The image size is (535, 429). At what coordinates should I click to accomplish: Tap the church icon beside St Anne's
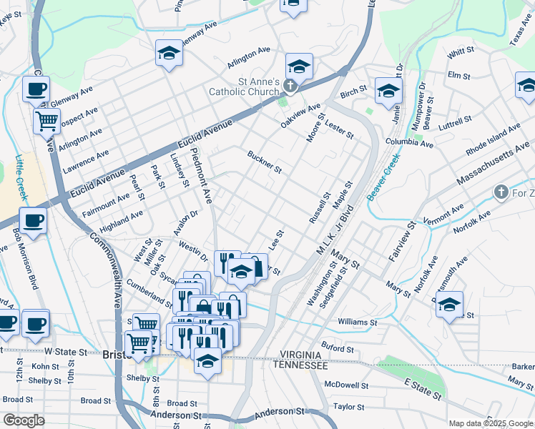(x=290, y=87)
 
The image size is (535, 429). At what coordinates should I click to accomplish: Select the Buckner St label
(x=265, y=162)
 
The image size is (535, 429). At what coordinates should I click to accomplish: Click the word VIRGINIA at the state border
(x=301, y=355)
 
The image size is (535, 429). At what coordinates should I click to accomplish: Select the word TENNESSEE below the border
(x=300, y=365)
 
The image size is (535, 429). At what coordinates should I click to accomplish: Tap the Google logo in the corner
(x=24, y=420)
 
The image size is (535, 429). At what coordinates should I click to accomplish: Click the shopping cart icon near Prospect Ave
(x=46, y=121)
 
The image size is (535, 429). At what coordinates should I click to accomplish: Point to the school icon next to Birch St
(x=388, y=91)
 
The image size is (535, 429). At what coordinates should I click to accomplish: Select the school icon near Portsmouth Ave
(x=449, y=303)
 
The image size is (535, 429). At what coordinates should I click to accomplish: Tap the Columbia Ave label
(x=409, y=144)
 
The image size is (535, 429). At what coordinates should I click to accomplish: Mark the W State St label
(x=65, y=352)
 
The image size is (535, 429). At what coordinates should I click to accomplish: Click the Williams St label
(x=357, y=322)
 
